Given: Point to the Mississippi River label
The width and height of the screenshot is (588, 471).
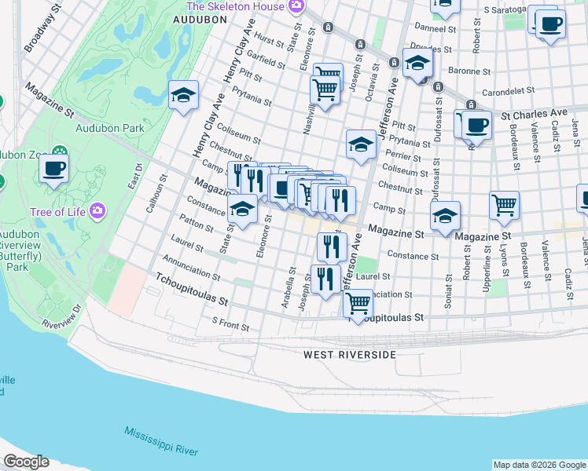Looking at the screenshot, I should [160, 441].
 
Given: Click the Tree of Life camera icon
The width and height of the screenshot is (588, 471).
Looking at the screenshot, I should [97, 210].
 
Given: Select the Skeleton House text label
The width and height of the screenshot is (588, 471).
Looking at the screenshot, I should [235, 6].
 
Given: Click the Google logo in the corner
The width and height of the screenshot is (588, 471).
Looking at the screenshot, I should [25, 462].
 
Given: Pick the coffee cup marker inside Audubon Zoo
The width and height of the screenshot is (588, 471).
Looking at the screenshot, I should [53, 168].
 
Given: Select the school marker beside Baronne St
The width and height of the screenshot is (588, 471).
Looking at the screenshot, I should [417, 63].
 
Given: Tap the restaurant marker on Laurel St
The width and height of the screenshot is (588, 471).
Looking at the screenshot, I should [325, 278].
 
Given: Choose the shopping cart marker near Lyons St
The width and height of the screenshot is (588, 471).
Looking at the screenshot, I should [504, 205].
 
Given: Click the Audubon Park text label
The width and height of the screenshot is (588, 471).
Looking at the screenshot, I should [98, 128].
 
